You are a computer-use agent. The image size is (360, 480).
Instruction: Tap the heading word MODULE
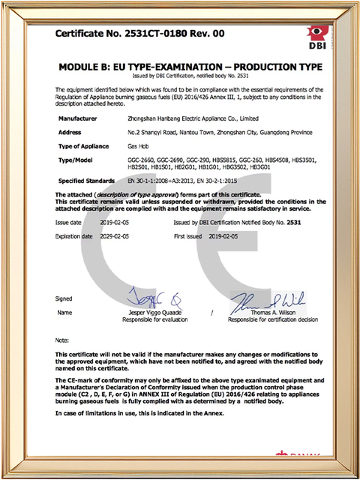[82, 67]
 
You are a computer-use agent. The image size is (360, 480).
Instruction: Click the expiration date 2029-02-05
[112, 235]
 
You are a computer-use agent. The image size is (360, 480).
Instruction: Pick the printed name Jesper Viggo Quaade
[154, 312]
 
